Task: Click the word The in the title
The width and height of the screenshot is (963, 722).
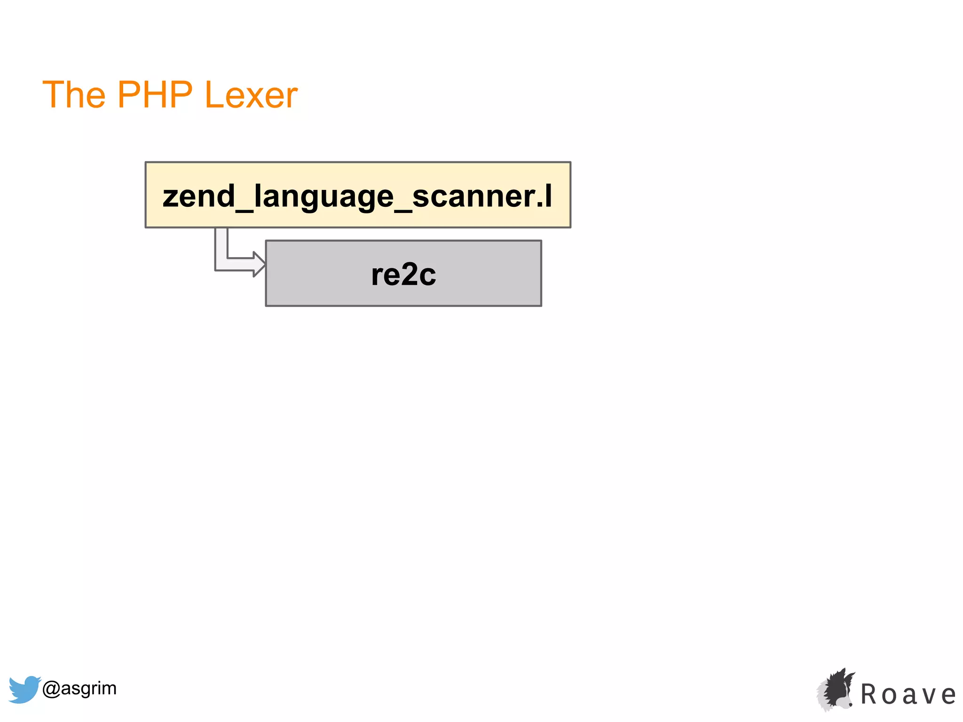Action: click(74, 94)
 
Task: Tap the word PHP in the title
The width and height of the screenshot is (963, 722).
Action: click(155, 94)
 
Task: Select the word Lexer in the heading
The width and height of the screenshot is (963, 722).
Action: click(251, 95)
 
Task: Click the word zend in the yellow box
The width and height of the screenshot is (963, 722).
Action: click(198, 196)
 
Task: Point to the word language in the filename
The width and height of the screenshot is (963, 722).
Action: click(324, 197)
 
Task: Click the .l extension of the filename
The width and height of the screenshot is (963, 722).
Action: click(545, 196)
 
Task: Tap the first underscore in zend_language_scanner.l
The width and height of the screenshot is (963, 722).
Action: click(244, 210)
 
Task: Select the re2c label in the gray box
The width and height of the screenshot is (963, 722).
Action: click(403, 275)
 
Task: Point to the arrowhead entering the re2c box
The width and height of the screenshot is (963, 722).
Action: click(259, 264)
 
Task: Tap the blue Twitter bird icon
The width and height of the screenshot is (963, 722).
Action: click(24, 689)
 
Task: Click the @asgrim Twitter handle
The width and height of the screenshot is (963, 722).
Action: click(79, 688)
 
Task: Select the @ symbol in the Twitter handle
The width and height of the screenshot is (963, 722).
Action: click(51, 689)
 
